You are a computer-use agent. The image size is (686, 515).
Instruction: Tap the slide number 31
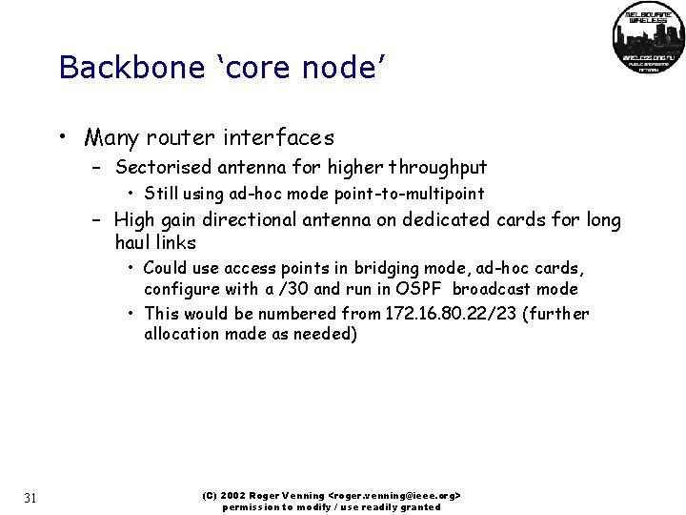(x=30, y=498)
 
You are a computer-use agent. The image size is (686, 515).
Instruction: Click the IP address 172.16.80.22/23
(x=451, y=314)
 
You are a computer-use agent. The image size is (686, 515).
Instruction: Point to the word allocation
(x=184, y=334)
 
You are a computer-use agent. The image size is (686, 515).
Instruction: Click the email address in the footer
(x=394, y=497)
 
